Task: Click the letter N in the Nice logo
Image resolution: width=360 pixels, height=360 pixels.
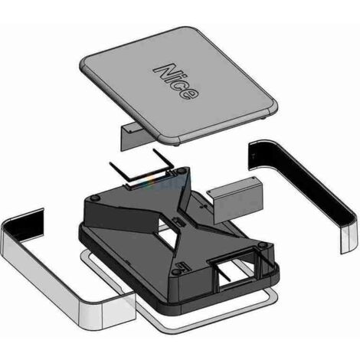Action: click(x=164, y=70)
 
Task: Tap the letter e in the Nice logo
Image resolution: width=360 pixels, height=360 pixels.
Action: click(x=189, y=93)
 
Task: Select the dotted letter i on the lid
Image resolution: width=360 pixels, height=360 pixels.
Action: click(x=175, y=79)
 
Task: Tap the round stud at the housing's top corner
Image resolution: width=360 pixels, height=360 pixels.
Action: click(x=182, y=172)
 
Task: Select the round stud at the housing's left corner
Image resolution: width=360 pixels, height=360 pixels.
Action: click(x=94, y=198)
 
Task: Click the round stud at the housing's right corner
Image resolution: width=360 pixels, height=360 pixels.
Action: click(x=262, y=245)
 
